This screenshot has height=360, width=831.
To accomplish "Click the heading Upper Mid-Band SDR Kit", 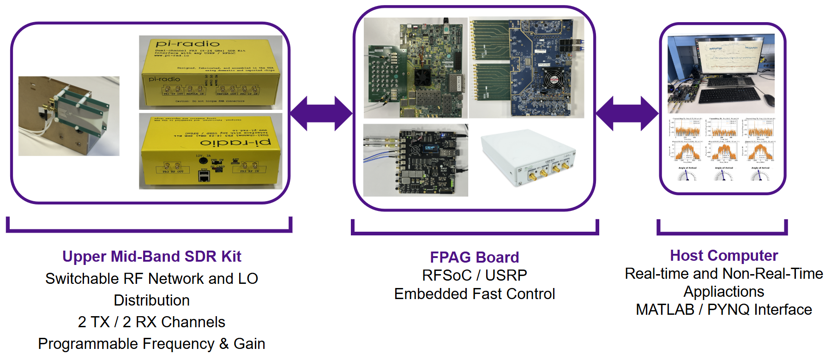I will pos(151,257).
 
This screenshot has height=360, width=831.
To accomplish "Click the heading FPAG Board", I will pos(474,257).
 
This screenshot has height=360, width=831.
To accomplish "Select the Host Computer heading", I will pos(723,256).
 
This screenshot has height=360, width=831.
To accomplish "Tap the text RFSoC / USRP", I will pos(474,276).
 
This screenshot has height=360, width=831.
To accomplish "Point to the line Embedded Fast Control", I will pos(474,294).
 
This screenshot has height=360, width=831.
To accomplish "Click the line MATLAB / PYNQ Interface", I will pos(723,310).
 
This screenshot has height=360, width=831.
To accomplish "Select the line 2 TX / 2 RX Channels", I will pos(151,322).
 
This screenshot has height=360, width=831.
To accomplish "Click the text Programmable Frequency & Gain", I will pos(151,344).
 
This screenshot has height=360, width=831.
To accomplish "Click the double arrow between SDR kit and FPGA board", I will pos(321,114).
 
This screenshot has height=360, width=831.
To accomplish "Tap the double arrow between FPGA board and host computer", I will pos(627,114).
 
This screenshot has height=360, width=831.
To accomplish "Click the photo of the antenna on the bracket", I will pos(69,116).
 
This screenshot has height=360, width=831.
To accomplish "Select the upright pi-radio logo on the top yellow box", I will pos(187,44).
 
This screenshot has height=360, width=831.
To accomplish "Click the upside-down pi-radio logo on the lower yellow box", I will pos(235,143).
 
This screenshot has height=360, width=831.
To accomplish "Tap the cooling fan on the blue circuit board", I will pos(551,80).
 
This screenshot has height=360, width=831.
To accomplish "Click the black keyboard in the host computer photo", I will pos(729,95).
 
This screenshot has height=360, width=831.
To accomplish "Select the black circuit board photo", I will pos(415,160).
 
